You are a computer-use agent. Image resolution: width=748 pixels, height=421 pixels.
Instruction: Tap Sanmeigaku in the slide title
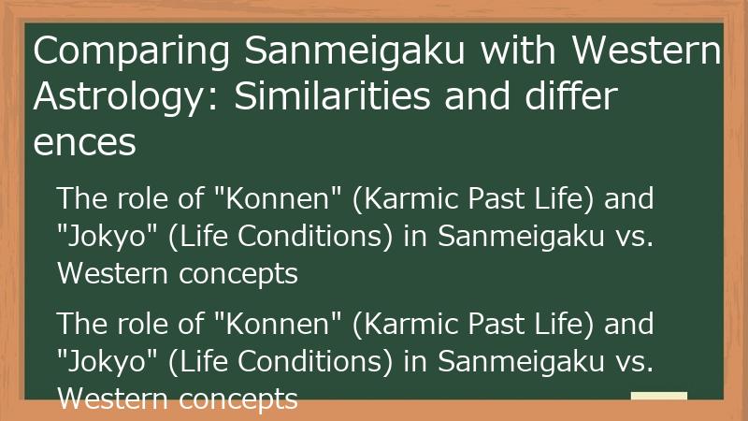tap(356, 52)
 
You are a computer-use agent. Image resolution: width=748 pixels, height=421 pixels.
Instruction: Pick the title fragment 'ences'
tap(85, 143)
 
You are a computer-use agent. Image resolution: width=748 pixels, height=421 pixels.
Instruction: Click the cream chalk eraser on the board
tap(659, 396)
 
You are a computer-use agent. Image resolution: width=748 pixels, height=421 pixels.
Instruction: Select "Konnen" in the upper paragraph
tap(271, 198)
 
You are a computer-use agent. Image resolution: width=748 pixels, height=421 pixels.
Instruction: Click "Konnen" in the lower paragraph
tap(271, 324)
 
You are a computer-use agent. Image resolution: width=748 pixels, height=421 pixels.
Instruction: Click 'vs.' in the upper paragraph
tap(633, 236)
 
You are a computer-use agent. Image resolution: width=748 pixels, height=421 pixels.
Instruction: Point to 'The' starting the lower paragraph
tap(80, 324)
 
